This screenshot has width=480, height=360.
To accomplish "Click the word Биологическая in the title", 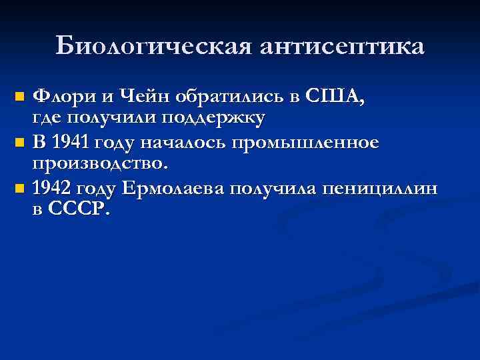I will tap(153, 46).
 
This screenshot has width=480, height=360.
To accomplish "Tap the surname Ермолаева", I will tap(177, 188).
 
